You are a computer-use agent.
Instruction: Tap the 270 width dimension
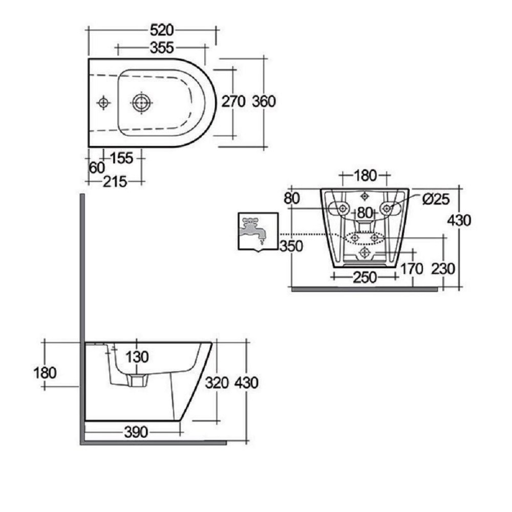[233, 101]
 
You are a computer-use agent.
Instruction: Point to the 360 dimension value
[264, 101]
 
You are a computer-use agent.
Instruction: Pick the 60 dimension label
[96, 167]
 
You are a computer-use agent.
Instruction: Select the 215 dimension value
[115, 181]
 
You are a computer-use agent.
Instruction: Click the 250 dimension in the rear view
[364, 277]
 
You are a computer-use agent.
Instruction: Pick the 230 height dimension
[443, 268]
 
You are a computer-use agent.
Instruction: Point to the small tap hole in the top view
[104, 103]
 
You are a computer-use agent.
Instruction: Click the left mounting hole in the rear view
[342, 208]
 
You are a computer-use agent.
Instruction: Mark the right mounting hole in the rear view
[388, 208]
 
